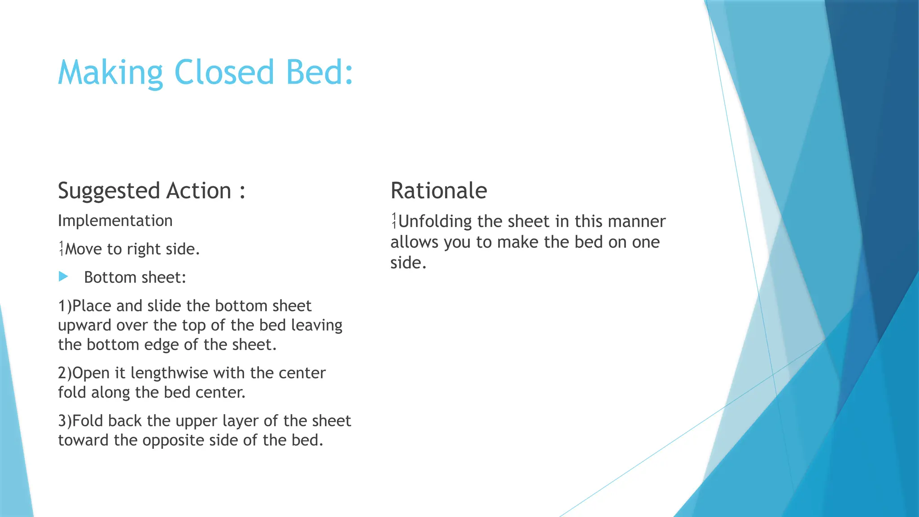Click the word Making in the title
(110, 73)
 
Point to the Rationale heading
(438, 190)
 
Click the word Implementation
(115, 221)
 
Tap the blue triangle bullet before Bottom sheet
(63, 277)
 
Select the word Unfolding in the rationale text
(435, 221)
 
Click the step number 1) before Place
(65, 306)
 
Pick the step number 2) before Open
(65, 373)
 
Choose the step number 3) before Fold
(65, 421)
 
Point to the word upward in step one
(84, 325)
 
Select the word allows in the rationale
(414, 242)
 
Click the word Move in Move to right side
(83, 249)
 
